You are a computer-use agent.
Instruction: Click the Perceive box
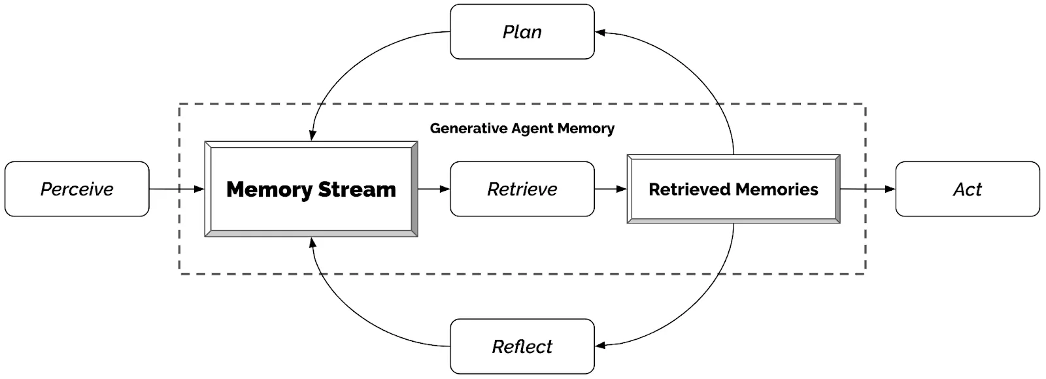(77, 189)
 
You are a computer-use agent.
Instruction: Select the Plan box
(522, 31)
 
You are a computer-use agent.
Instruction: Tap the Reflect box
(522, 346)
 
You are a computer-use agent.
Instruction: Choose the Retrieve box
(522, 189)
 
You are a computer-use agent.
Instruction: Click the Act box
(967, 189)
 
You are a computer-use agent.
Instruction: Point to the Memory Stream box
(311, 189)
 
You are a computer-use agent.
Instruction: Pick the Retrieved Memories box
(733, 189)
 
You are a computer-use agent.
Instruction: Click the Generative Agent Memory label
(522, 128)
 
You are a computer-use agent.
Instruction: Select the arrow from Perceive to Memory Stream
(177, 189)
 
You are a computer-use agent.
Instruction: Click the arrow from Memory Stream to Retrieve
(433, 189)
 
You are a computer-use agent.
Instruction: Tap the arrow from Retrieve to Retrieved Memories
(611, 189)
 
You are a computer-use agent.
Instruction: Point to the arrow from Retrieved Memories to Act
(868, 189)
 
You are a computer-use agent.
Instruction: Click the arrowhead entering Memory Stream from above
(312, 135)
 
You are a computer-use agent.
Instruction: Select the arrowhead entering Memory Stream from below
(312, 242)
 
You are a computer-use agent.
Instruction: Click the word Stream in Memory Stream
(357, 189)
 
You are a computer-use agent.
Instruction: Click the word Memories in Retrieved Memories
(776, 189)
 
